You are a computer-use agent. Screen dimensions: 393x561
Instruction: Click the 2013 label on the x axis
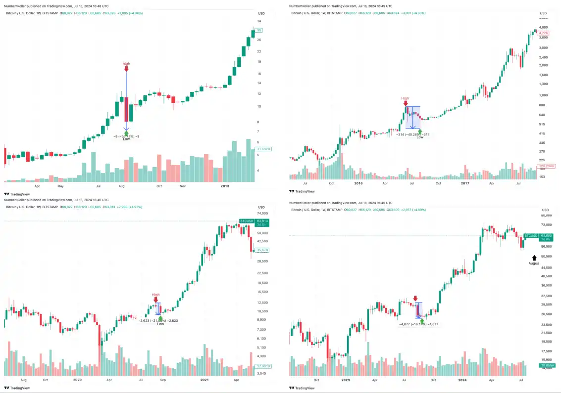225,186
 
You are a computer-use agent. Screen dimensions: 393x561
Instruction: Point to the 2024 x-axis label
462,380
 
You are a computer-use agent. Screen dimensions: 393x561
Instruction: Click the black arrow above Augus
534,258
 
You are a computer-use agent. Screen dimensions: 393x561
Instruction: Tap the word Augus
533,263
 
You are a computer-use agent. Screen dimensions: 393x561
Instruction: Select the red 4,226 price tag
544,33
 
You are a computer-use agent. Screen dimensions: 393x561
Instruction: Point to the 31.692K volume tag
263,149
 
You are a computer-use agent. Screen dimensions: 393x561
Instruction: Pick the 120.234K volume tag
547,167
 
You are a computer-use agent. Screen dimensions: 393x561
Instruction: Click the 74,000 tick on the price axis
261,213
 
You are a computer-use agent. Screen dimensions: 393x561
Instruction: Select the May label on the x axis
60,186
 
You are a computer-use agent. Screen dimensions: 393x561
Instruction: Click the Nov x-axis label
183,186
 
